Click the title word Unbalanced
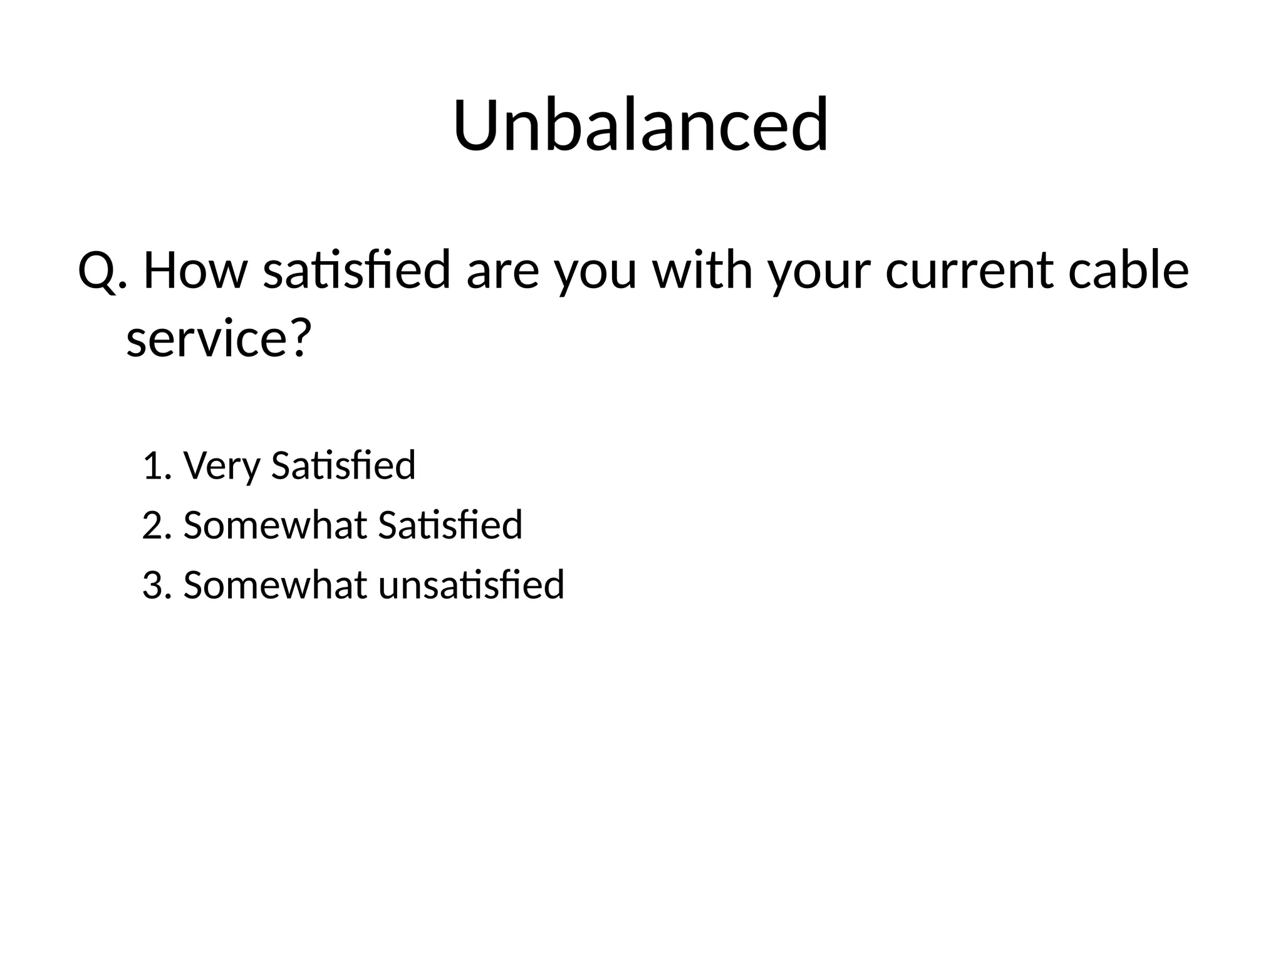point(641,125)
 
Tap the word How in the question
point(195,271)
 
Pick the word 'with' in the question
point(702,271)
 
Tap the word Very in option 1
point(221,467)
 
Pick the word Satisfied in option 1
point(343,466)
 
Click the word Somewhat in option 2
point(274,525)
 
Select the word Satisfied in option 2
point(450,525)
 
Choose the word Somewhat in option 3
point(274,586)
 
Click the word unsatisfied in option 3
point(471,586)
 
